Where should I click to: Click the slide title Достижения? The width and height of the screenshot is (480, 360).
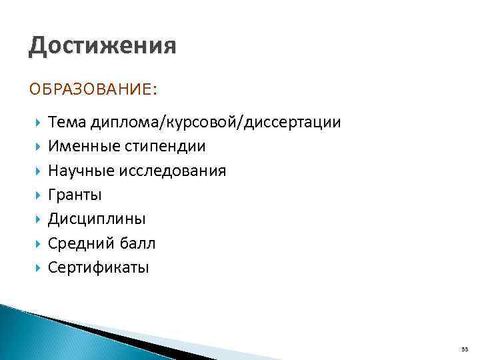[x=103, y=47]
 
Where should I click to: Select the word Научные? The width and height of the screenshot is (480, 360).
[x=81, y=171]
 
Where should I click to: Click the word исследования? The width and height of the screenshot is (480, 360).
[x=173, y=171]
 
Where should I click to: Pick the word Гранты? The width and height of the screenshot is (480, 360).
[x=75, y=195]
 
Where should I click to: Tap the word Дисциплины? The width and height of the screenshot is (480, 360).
[x=97, y=219]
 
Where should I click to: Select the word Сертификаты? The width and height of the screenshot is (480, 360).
[x=99, y=268]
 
